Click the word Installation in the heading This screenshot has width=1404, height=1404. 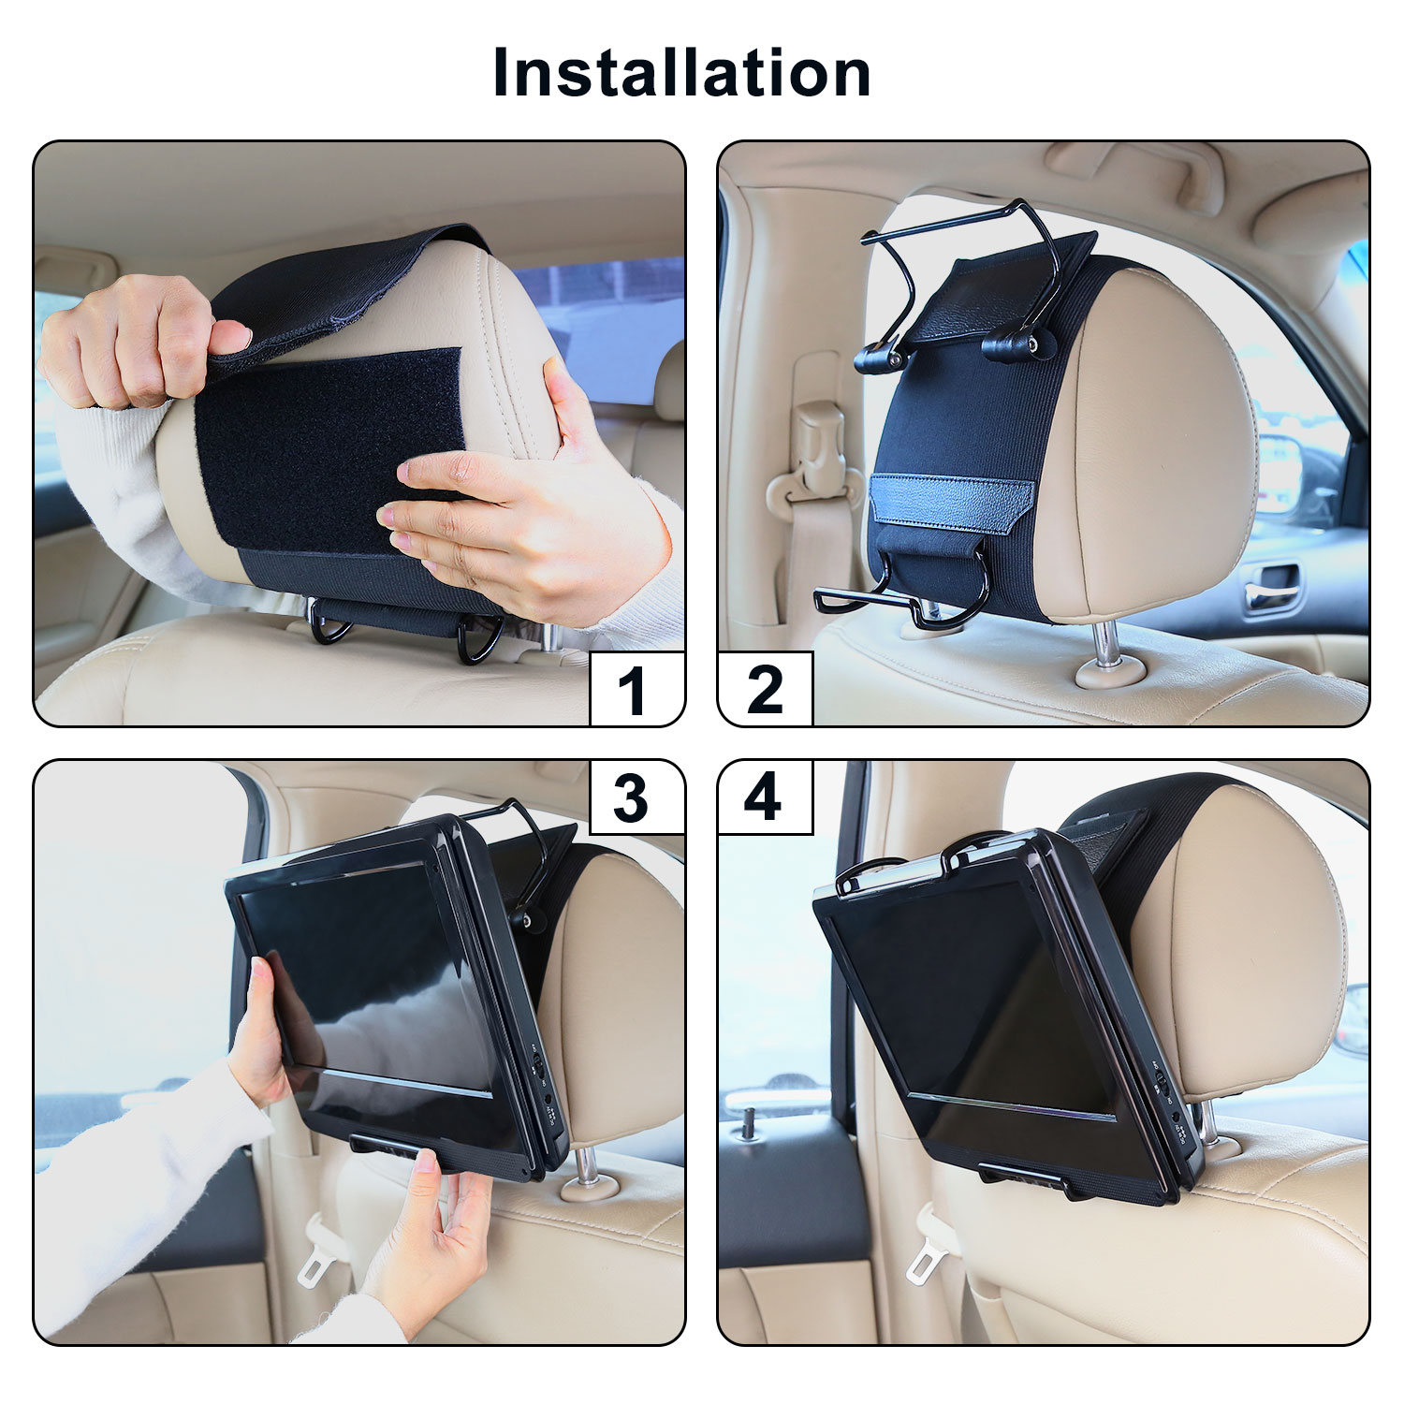pos(681,72)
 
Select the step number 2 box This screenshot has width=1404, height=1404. pos(765,690)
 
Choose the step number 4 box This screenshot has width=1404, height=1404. pos(765,797)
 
